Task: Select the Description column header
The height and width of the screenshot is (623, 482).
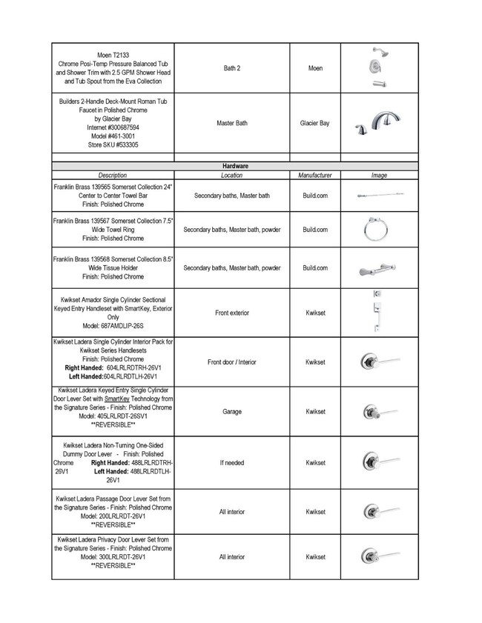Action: point(113,176)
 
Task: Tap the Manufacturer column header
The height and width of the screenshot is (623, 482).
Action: point(314,176)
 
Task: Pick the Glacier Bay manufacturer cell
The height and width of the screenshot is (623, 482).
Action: point(314,123)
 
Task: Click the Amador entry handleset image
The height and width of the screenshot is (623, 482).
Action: point(377,313)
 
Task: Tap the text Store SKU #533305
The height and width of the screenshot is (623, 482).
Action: point(113,146)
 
